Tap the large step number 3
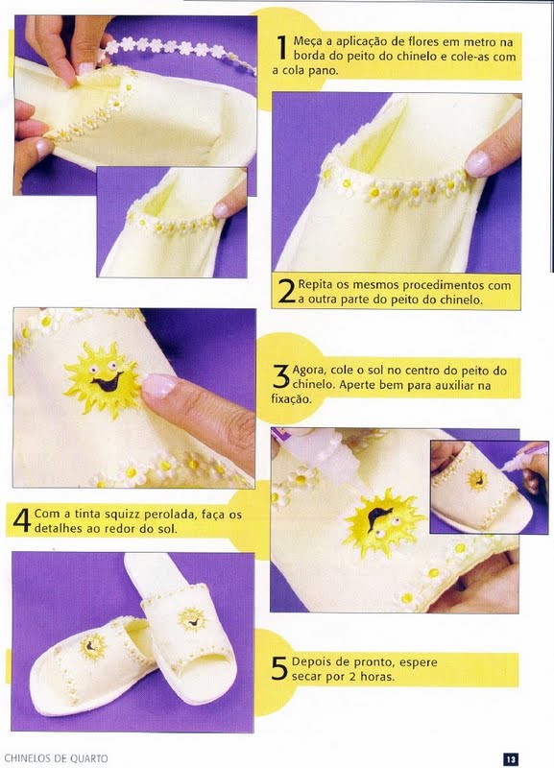(x=281, y=377)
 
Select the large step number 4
(x=22, y=520)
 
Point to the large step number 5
(x=279, y=669)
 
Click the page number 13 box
(x=511, y=758)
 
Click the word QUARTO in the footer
(x=88, y=758)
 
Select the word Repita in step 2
(x=315, y=285)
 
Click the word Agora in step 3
(x=307, y=371)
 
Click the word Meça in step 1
(x=306, y=41)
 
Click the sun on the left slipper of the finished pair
(x=92, y=647)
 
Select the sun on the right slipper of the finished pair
(x=191, y=618)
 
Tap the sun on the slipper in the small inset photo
(x=477, y=479)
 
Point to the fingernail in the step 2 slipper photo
(x=477, y=163)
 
